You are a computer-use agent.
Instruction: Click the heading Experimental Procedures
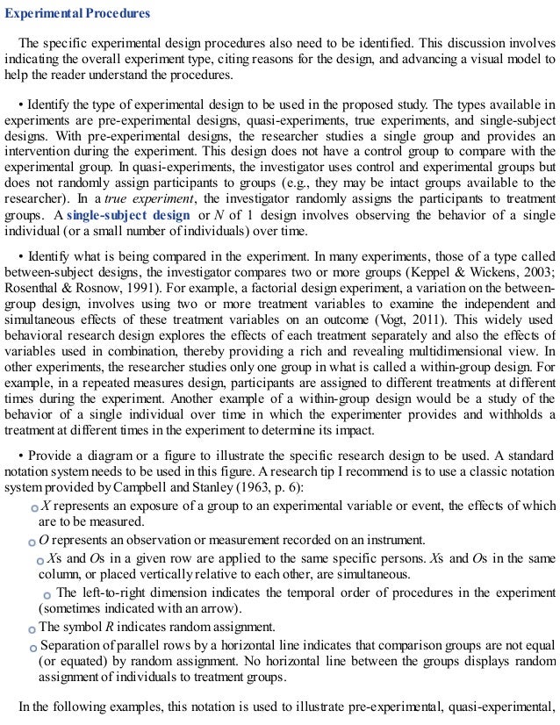78,15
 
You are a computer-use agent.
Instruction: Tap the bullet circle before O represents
32,542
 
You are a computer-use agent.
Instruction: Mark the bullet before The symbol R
32,628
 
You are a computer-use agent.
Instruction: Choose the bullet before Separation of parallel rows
32,647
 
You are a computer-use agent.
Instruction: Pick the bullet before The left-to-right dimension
47,595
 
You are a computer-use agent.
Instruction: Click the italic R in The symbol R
97,627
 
